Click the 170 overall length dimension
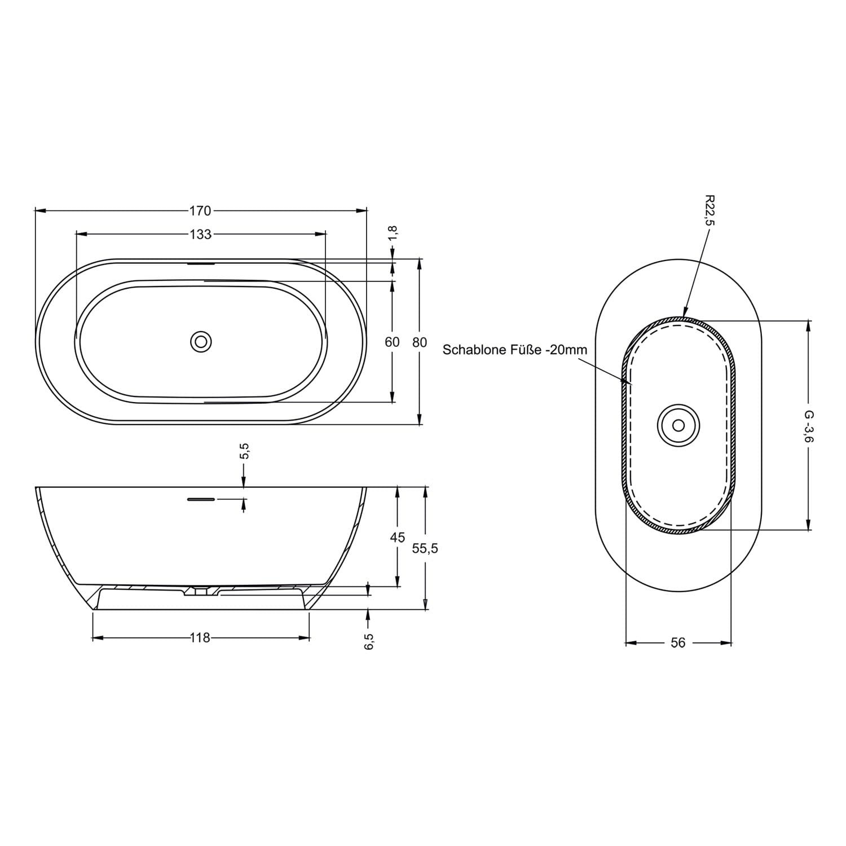[x=200, y=211]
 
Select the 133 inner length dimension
[x=200, y=233]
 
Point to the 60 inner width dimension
[x=393, y=342]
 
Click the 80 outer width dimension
[x=420, y=342]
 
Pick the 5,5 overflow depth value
[x=245, y=451]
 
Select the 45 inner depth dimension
[x=398, y=537]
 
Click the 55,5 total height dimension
[x=425, y=548]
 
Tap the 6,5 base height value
[x=369, y=641]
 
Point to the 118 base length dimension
[x=200, y=638]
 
